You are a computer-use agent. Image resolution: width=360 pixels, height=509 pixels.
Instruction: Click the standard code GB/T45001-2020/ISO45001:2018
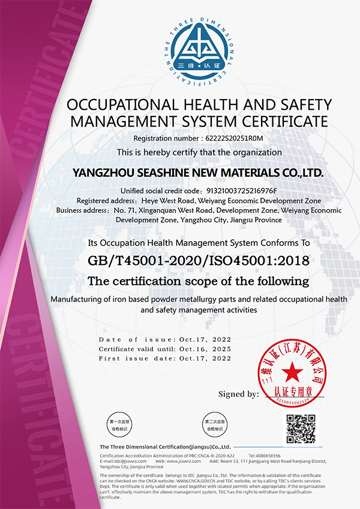click(x=197, y=261)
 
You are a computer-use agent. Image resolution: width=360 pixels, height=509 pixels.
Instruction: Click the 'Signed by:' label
click(x=239, y=394)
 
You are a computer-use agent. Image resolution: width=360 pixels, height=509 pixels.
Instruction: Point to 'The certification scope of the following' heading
click(x=198, y=281)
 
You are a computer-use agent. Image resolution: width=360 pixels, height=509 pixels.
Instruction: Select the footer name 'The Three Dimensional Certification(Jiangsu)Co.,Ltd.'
click(x=165, y=447)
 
